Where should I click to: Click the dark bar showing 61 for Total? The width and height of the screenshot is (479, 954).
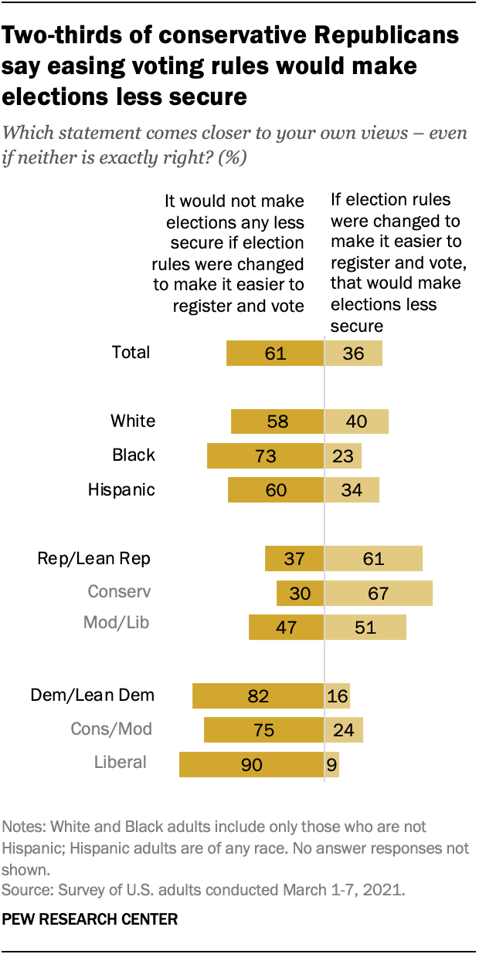click(x=274, y=354)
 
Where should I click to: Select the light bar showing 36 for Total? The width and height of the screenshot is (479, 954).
click(x=353, y=354)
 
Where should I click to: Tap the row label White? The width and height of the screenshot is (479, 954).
click(x=133, y=421)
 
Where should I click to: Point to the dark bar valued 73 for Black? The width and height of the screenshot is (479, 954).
click(x=265, y=455)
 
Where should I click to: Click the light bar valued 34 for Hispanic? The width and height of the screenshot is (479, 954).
click(x=352, y=490)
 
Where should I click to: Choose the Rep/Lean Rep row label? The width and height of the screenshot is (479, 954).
click(x=94, y=558)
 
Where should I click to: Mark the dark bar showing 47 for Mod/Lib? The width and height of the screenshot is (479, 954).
click(x=286, y=627)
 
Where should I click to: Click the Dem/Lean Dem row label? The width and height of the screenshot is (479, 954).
click(x=93, y=695)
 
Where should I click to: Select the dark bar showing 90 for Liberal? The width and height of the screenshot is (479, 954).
click(x=251, y=764)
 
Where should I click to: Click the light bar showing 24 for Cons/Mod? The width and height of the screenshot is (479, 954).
click(x=344, y=729)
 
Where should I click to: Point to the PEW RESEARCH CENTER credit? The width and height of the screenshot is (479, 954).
click(x=90, y=919)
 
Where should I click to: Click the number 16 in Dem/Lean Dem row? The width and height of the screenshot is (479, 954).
click(x=338, y=695)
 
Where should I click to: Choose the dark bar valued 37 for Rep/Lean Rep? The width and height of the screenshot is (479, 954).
click(x=294, y=558)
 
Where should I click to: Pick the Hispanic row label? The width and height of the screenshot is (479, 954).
click(x=121, y=489)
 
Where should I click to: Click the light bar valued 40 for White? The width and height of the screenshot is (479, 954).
click(x=356, y=421)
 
